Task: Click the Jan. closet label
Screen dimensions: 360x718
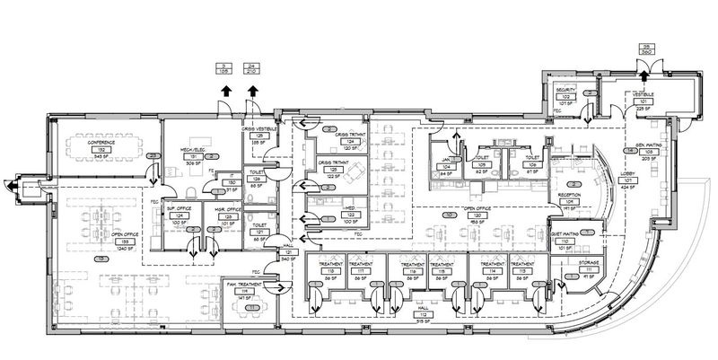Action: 444,162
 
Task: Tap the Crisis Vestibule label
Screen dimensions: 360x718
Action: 258,129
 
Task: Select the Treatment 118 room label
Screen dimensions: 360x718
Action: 319,265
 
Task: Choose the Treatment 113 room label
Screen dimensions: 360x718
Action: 522,265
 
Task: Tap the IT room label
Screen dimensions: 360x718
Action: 231,177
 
